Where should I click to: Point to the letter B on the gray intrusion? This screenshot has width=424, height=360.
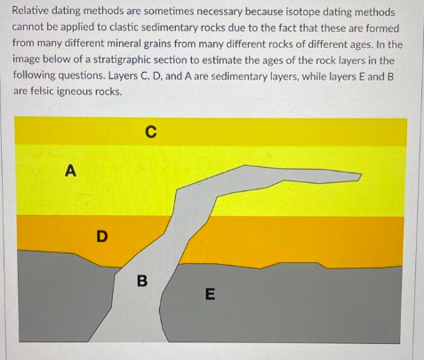(140, 283)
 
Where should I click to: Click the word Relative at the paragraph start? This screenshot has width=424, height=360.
(36, 12)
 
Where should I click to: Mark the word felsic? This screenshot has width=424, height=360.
(38, 92)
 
